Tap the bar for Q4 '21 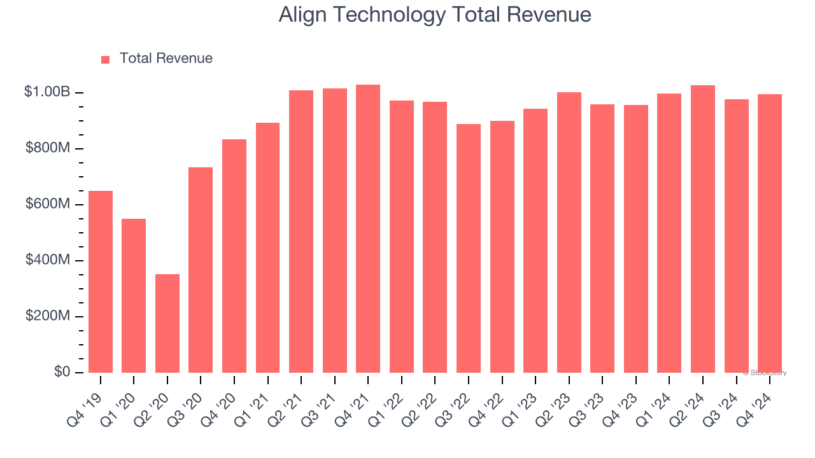pyautogui.click(x=368, y=229)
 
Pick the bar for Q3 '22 pyautogui.click(x=469, y=248)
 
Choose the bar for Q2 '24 pyautogui.click(x=703, y=229)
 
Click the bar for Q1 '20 pyautogui.click(x=134, y=296)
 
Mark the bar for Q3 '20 pyautogui.click(x=201, y=270)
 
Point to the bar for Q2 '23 pyautogui.click(x=569, y=232)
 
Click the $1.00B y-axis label pyautogui.click(x=47, y=92)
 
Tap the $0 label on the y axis pyautogui.click(x=62, y=372)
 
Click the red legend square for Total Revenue pyautogui.click(x=106, y=60)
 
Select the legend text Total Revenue pyautogui.click(x=166, y=59)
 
